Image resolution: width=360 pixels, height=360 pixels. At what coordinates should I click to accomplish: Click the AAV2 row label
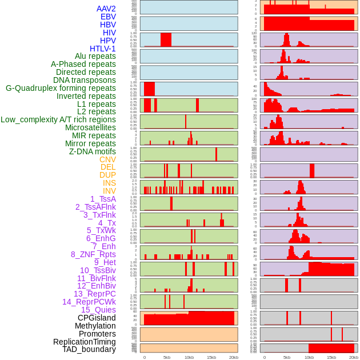point(106,9)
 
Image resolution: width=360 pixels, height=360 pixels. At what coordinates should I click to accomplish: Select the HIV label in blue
point(109,33)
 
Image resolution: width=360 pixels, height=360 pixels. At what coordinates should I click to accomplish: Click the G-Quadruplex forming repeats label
point(61,88)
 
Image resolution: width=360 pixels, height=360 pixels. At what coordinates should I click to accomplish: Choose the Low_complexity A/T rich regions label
point(58,119)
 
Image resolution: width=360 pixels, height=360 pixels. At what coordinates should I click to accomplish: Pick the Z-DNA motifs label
point(92,151)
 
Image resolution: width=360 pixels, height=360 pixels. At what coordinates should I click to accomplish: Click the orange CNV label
point(107,159)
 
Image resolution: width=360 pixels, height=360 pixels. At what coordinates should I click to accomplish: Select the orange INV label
point(109,191)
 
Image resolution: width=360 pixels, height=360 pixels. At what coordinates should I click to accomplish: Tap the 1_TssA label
point(103,199)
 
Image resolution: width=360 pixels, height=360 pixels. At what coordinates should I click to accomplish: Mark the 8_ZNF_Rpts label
point(93,254)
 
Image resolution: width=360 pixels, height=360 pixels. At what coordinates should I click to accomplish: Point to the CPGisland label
point(97,318)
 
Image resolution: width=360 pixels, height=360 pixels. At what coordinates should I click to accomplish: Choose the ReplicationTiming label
point(84,342)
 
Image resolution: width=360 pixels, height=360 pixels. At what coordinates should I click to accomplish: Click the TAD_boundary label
point(89,349)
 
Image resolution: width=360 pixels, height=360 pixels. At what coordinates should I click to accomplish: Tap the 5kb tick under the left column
point(167,357)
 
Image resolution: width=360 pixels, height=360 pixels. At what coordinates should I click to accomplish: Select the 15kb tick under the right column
point(331,357)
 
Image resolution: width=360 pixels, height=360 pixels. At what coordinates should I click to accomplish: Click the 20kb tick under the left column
point(234,357)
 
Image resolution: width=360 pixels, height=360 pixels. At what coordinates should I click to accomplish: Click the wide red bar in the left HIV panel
point(166,39)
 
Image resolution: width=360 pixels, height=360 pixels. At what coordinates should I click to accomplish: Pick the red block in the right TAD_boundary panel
point(331,348)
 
